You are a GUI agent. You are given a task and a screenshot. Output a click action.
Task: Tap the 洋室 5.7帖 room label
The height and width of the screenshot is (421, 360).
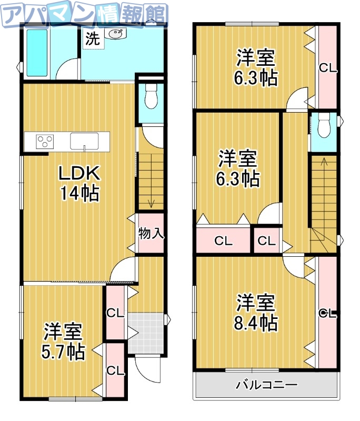pyautogui.click(x=64, y=341)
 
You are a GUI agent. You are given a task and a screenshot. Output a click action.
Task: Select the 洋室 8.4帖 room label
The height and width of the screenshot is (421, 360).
pyautogui.click(x=256, y=312)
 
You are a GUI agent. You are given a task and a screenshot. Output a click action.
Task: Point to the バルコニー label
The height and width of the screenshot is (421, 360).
pyautogui.click(x=266, y=385)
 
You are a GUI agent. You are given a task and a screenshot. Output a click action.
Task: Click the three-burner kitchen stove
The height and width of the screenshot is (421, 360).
pyautogui.click(x=45, y=141)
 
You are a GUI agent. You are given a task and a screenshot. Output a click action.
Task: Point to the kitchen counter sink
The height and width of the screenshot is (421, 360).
pyautogui.click(x=84, y=141)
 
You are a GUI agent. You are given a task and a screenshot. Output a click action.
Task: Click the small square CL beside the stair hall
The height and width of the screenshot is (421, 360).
pyautogui.click(x=266, y=242)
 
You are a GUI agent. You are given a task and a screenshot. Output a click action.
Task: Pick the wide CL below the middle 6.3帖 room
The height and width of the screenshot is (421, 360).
pyautogui.click(x=223, y=242)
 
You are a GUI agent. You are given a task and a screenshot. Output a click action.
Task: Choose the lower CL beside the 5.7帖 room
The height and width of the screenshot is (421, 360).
pyautogui.click(x=115, y=370)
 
